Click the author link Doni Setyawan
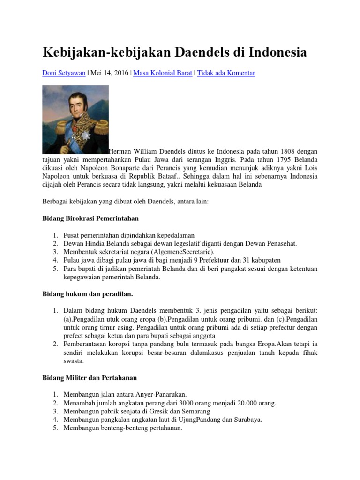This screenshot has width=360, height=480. [x=64, y=73]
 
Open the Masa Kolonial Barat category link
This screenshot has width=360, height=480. [x=163, y=73]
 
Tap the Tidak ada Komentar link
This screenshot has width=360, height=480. [x=226, y=73]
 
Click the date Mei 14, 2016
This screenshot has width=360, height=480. [x=110, y=73]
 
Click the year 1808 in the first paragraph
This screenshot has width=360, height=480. [x=289, y=151]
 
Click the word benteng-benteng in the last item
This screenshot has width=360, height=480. [x=121, y=428]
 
